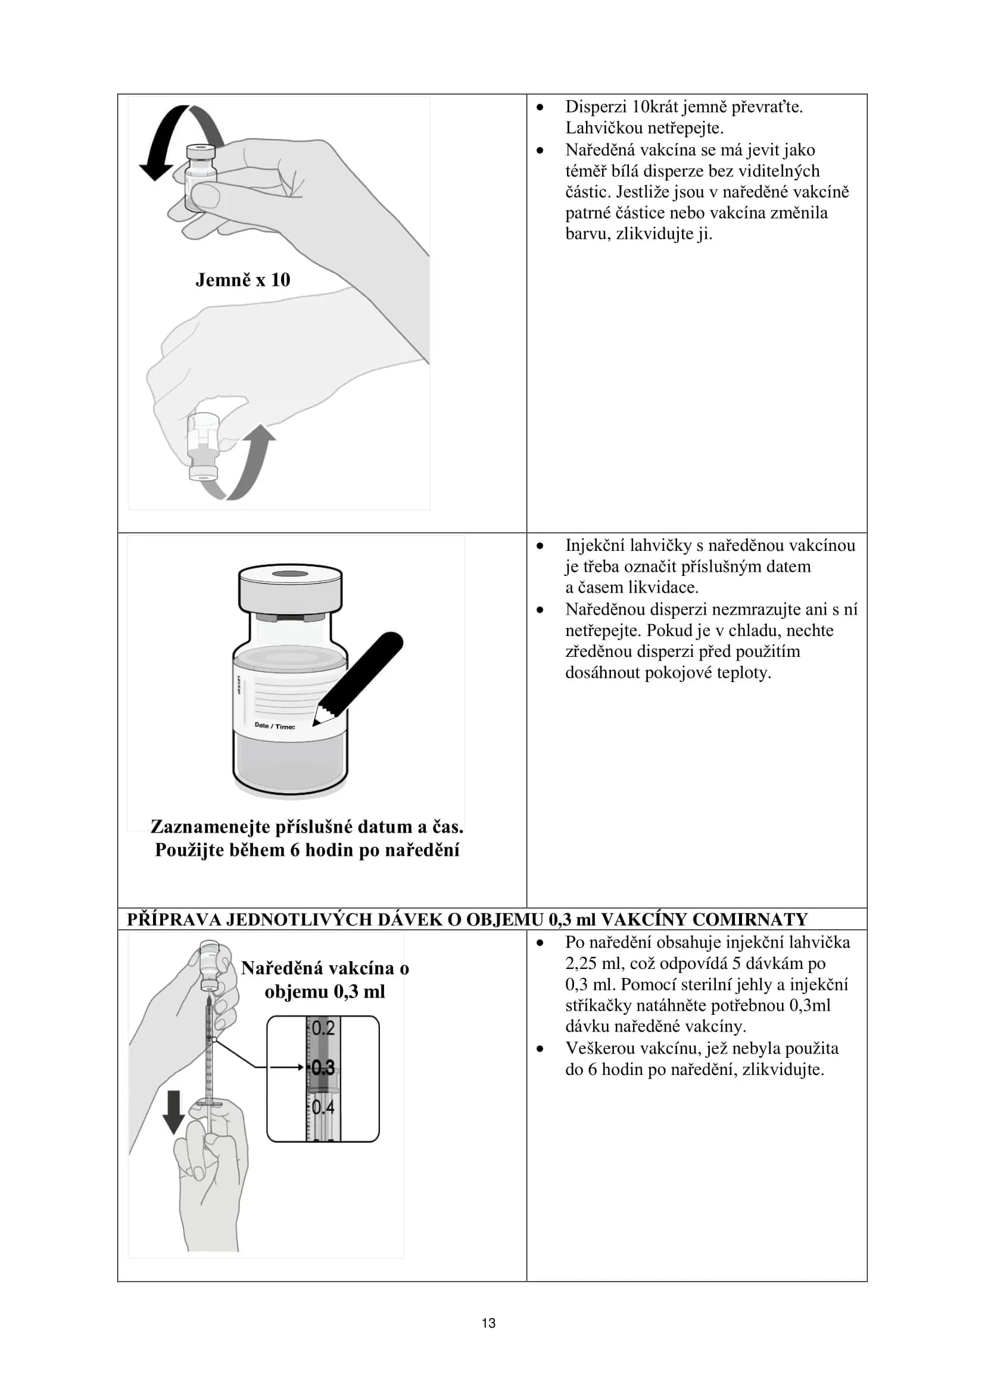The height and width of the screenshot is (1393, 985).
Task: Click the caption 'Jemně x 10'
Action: click(x=242, y=281)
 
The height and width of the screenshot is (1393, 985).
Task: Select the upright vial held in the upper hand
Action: click(x=200, y=176)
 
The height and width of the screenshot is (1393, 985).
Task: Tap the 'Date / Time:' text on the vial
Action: click(x=275, y=725)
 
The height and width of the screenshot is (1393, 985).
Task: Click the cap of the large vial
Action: click(x=290, y=588)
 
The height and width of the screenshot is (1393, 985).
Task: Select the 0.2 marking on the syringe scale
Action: click(x=323, y=1028)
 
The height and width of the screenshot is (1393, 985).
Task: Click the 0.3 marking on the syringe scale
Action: click(x=323, y=1067)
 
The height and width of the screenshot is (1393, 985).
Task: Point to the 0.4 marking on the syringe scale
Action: click(x=323, y=1107)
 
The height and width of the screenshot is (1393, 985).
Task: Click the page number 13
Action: click(x=488, y=1323)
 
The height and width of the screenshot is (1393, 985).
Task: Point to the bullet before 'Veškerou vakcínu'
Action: click(x=540, y=1048)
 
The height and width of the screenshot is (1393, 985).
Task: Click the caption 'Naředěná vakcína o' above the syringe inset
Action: click(x=325, y=968)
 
